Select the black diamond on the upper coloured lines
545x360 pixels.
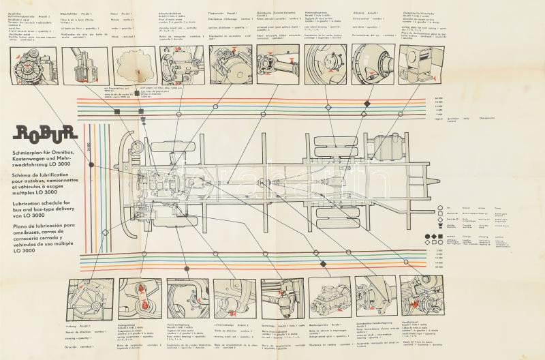[x=367, y=103]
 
